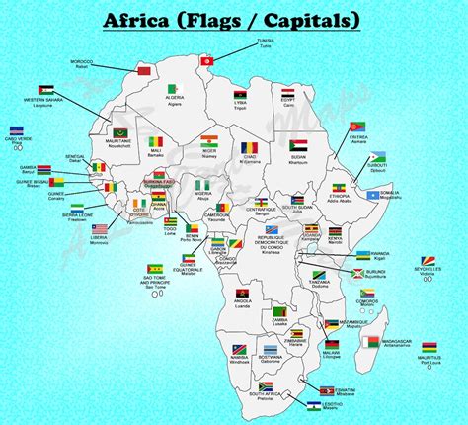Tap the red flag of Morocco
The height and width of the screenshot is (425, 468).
coord(144,72)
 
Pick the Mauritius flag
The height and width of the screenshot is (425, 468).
coord(429,348)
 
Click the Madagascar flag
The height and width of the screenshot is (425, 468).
coord(371,342)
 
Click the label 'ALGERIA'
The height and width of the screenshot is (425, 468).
coord(174,97)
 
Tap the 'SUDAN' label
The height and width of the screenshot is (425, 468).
coord(298,158)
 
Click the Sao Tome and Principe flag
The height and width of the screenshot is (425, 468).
coord(156,269)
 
